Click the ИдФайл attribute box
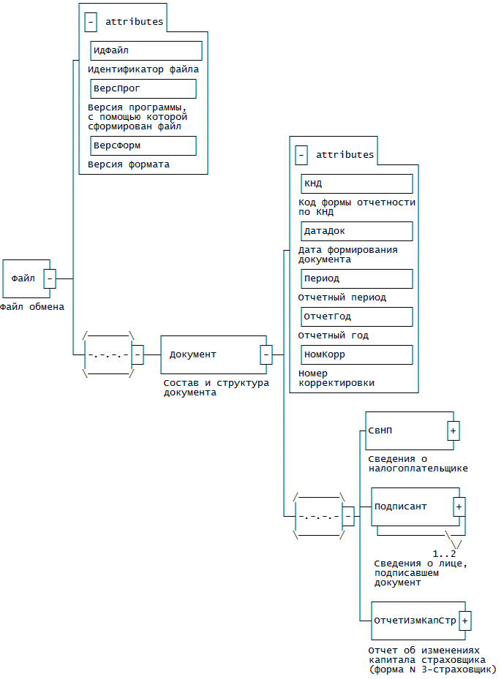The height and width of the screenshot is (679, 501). pos(146,50)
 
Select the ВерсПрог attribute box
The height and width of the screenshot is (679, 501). pos(143,88)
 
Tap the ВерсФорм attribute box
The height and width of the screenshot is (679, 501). pos(143,145)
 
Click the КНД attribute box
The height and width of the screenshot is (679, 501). pos(356,183)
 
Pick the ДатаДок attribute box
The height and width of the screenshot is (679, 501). pos(356,231)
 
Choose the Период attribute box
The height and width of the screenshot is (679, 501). pos(356,278)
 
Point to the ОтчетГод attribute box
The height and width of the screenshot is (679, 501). pos(356,316)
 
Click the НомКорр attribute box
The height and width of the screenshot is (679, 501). pos(356,354)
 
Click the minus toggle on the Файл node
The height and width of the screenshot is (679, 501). pos(50,278)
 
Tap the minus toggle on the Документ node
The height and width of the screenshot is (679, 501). pos(266,354)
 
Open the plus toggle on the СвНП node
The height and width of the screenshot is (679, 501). pos(453,431)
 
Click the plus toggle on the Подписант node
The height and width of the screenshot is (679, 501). pos(459,507)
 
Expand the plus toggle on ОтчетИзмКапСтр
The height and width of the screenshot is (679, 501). pos(465,621)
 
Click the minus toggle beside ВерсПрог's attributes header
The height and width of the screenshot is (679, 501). pos(91,22)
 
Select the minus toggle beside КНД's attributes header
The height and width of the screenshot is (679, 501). pos(301,155)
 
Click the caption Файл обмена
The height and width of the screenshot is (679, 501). pos(32,307)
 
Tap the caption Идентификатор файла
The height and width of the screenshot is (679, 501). pos(143,69)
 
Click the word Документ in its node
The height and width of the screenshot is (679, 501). pos(193,354)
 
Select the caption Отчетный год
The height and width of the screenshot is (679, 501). pos(333,335)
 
